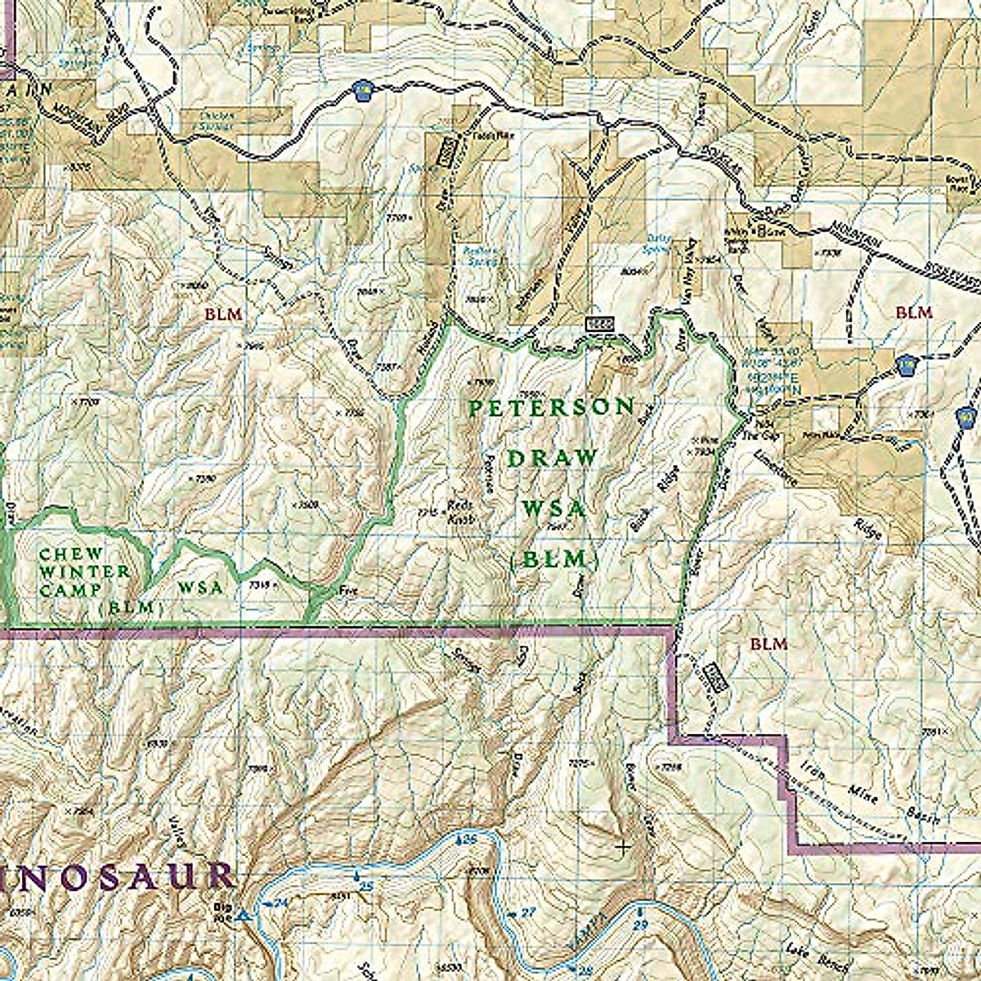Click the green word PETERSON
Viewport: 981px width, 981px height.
coord(552,408)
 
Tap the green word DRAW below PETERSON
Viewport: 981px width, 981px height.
coord(552,459)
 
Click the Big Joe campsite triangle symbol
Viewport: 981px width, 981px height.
coord(243,918)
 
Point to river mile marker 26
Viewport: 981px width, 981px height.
coord(468,840)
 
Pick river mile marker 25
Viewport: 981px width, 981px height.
coord(365,886)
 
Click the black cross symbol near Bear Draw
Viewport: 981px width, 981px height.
coord(622,848)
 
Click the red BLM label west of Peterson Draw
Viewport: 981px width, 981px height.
coord(221,312)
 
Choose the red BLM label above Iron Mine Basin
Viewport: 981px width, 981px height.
coord(768,644)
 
